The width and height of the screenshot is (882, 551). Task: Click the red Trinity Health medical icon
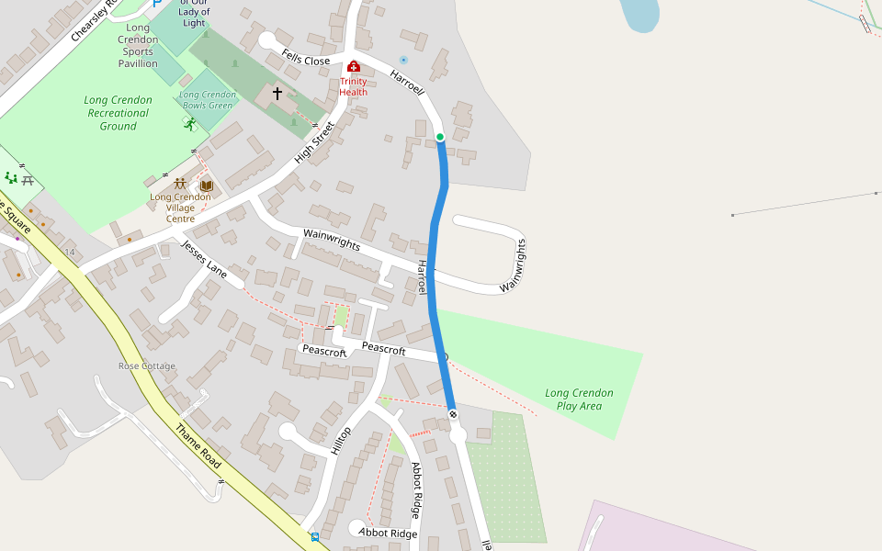point(354,67)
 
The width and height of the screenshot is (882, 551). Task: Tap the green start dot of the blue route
point(440,137)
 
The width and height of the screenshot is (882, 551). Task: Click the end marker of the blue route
point(453,415)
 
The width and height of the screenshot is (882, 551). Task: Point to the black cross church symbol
point(277,94)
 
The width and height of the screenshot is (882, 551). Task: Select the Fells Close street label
point(306,60)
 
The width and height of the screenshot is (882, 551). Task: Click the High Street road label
point(315,144)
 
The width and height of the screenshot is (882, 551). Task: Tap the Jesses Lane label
point(204,258)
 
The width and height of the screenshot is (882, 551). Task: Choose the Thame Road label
point(195,444)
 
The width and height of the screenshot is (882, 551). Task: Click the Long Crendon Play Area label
point(579,399)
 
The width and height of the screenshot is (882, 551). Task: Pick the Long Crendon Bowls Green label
point(207,99)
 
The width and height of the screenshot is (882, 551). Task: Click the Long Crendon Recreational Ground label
point(118,113)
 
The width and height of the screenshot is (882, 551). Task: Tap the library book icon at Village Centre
point(207,186)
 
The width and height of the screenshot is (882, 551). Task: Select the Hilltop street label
point(341,442)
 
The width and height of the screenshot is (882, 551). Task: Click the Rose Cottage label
point(146,366)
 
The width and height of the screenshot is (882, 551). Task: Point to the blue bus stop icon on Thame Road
point(315,536)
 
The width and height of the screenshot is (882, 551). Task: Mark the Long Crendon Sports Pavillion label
point(138,46)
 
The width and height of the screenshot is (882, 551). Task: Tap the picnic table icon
point(28,180)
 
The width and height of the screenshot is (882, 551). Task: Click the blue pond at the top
point(639,13)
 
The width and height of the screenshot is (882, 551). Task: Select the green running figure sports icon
point(189,124)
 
